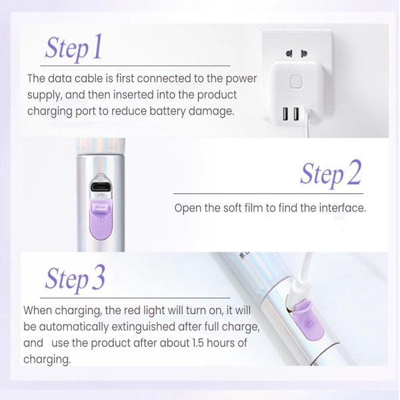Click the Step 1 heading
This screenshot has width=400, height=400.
73,47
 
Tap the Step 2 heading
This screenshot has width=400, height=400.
331,173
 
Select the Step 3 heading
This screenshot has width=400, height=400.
75,279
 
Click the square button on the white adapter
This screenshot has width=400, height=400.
296,82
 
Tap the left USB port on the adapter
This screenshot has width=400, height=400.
285,114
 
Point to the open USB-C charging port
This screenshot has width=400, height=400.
101,187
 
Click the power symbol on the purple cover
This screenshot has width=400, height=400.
310,325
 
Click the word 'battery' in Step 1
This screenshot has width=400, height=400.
167,111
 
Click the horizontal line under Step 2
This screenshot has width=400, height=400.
268,193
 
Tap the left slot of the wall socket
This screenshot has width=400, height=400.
289,54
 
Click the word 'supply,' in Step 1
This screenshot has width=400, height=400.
45,95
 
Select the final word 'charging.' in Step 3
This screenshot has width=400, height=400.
47,359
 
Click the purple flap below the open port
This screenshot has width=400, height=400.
101,220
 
